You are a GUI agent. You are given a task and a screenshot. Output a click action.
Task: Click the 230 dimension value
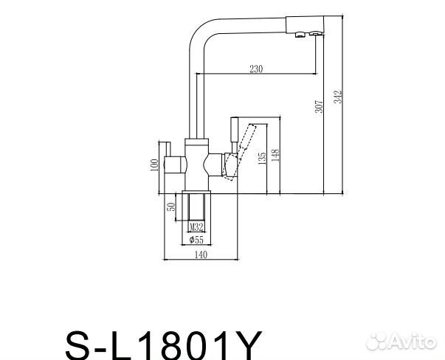256,69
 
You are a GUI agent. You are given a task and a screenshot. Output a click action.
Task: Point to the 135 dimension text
263,159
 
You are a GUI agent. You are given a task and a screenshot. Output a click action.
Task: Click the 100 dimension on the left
155,165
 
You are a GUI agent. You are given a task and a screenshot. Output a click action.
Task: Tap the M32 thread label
196,227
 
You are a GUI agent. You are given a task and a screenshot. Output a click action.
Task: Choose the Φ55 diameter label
196,240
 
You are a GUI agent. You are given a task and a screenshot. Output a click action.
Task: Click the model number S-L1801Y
163,341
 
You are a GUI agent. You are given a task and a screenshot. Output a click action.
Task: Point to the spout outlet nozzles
306,34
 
